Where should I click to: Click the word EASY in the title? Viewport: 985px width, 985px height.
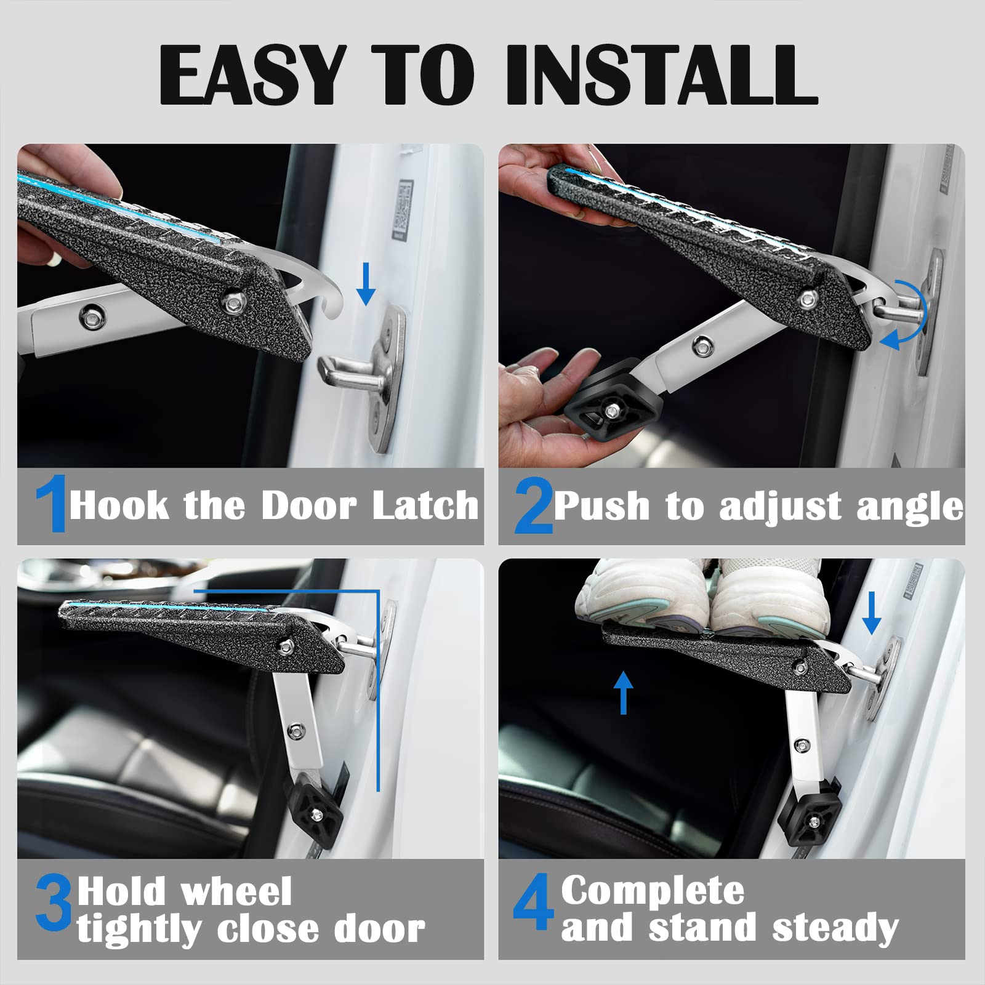[x=252, y=76]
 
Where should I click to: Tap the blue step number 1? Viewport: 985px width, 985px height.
[x=52, y=504]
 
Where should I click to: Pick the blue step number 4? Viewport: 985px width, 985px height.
[x=533, y=902]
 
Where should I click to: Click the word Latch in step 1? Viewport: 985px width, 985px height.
[x=425, y=506]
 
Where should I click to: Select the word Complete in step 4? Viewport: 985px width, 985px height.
[x=653, y=891]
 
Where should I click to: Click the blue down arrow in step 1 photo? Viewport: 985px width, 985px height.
[x=366, y=284]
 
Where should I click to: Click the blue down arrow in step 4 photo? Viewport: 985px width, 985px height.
[x=871, y=613]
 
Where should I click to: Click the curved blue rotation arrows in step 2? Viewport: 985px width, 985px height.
[x=908, y=314]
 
